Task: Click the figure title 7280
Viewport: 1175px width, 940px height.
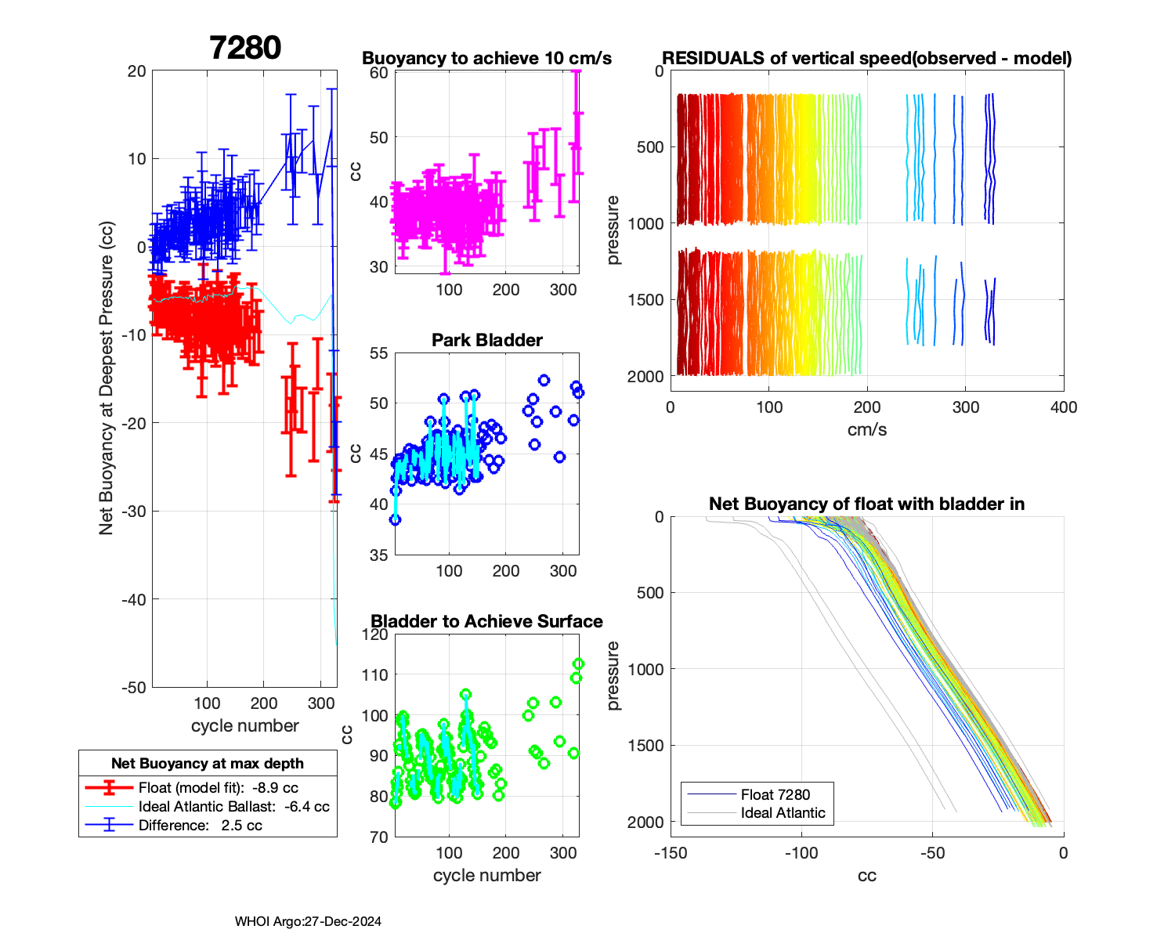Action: click(245, 48)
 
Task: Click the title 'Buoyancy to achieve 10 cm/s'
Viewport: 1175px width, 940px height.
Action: click(486, 58)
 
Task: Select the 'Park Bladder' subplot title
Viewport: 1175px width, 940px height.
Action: click(486, 340)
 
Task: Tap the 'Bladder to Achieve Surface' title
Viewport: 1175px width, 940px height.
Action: click(486, 621)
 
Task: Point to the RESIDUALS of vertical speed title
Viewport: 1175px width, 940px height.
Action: click(866, 58)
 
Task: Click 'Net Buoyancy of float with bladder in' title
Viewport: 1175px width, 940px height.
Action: click(866, 504)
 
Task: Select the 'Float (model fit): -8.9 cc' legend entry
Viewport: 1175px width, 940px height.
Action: click(218, 788)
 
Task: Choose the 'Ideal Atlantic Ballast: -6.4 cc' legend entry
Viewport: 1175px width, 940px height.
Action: click(233, 807)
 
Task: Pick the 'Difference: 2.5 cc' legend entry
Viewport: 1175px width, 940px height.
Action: click(200, 826)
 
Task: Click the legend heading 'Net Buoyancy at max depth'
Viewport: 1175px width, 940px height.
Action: click(208, 764)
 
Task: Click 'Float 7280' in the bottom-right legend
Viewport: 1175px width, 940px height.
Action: click(775, 794)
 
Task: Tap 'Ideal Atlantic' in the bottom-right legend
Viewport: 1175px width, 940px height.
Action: click(783, 813)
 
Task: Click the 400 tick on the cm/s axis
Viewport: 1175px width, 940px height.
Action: click(1063, 407)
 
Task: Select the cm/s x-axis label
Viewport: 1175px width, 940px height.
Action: click(866, 430)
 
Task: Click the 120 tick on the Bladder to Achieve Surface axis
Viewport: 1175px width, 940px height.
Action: click(378, 634)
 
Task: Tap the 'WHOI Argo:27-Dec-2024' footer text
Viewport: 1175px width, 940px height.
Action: click(308, 922)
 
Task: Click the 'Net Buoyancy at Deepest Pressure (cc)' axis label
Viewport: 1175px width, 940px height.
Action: click(107, 379)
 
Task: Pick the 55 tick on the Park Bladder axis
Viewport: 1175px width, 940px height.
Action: click(379, 353)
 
